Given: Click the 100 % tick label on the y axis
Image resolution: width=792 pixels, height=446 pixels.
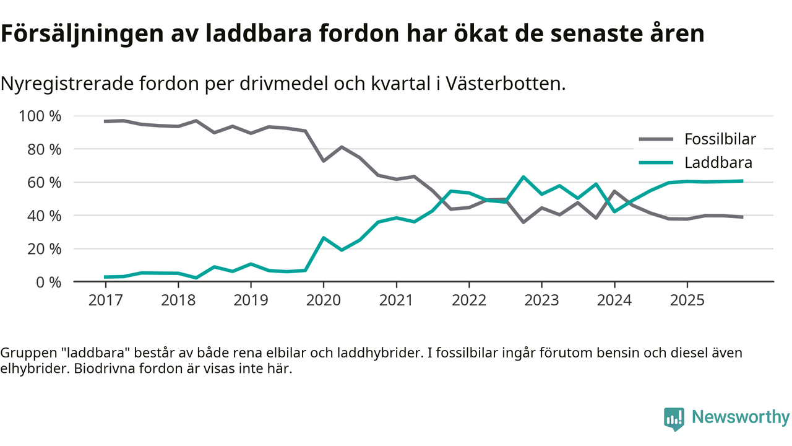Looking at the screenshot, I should click(x=40, y=116).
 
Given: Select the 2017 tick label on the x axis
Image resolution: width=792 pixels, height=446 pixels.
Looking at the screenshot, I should click(x=105, y=300).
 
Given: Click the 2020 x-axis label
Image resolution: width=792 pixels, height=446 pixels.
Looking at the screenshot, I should click(x=323, y=300).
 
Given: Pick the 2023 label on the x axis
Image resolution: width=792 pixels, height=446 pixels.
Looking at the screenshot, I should click(x=541, y=300).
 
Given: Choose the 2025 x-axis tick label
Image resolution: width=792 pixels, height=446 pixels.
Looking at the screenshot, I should click(x=687, y=300).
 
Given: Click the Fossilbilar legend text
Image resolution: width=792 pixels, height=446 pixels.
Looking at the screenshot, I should click(x=720, y=139).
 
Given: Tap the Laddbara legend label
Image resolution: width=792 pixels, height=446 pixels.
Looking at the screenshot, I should click(x=718, y=163).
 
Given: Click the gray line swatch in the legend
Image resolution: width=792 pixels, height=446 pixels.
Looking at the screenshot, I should click(x=656, y=139).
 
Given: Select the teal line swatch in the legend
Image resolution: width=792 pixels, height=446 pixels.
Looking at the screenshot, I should click(x=656, y=163).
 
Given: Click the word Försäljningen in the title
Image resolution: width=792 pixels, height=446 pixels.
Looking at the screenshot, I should click(x=79, y=35).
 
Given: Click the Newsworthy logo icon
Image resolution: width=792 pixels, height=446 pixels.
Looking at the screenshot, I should click(x=674, y=419).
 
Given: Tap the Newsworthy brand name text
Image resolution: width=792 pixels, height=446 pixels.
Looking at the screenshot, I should click(x=740, y=418).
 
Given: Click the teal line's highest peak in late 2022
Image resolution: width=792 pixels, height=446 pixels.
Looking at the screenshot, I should click(x=523, y=177).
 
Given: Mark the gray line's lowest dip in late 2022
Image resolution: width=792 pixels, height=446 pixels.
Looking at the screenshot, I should click(x=523, y=222).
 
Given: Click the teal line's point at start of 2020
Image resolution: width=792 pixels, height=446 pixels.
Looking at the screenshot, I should click(x=323, y=238).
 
